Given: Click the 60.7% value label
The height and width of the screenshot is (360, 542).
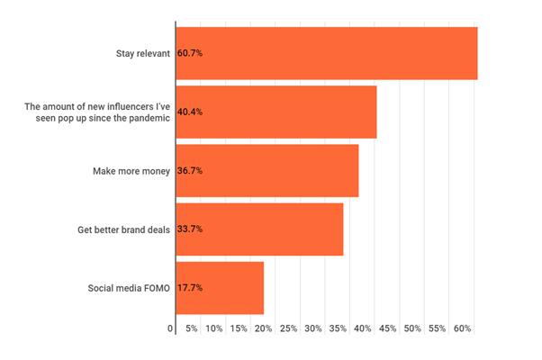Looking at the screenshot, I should (190, 54).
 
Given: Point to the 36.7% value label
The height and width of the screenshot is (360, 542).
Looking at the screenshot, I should (190, 170).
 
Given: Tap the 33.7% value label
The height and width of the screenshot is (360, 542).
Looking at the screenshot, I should (190, 229).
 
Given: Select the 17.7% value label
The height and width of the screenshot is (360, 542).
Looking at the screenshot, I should (190, 288).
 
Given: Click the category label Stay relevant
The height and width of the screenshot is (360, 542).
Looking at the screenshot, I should (138, 54).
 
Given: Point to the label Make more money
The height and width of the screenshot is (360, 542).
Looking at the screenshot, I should (131, 170).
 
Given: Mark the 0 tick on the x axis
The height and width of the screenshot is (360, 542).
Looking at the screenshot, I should (170, 329).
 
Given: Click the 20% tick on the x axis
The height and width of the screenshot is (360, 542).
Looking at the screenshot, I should (264, 329).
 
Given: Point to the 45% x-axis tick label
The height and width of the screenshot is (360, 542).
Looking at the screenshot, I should (388, 329).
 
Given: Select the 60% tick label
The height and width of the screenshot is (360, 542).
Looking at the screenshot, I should (463, 329).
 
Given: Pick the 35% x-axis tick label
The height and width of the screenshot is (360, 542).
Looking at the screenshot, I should (339, 329).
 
